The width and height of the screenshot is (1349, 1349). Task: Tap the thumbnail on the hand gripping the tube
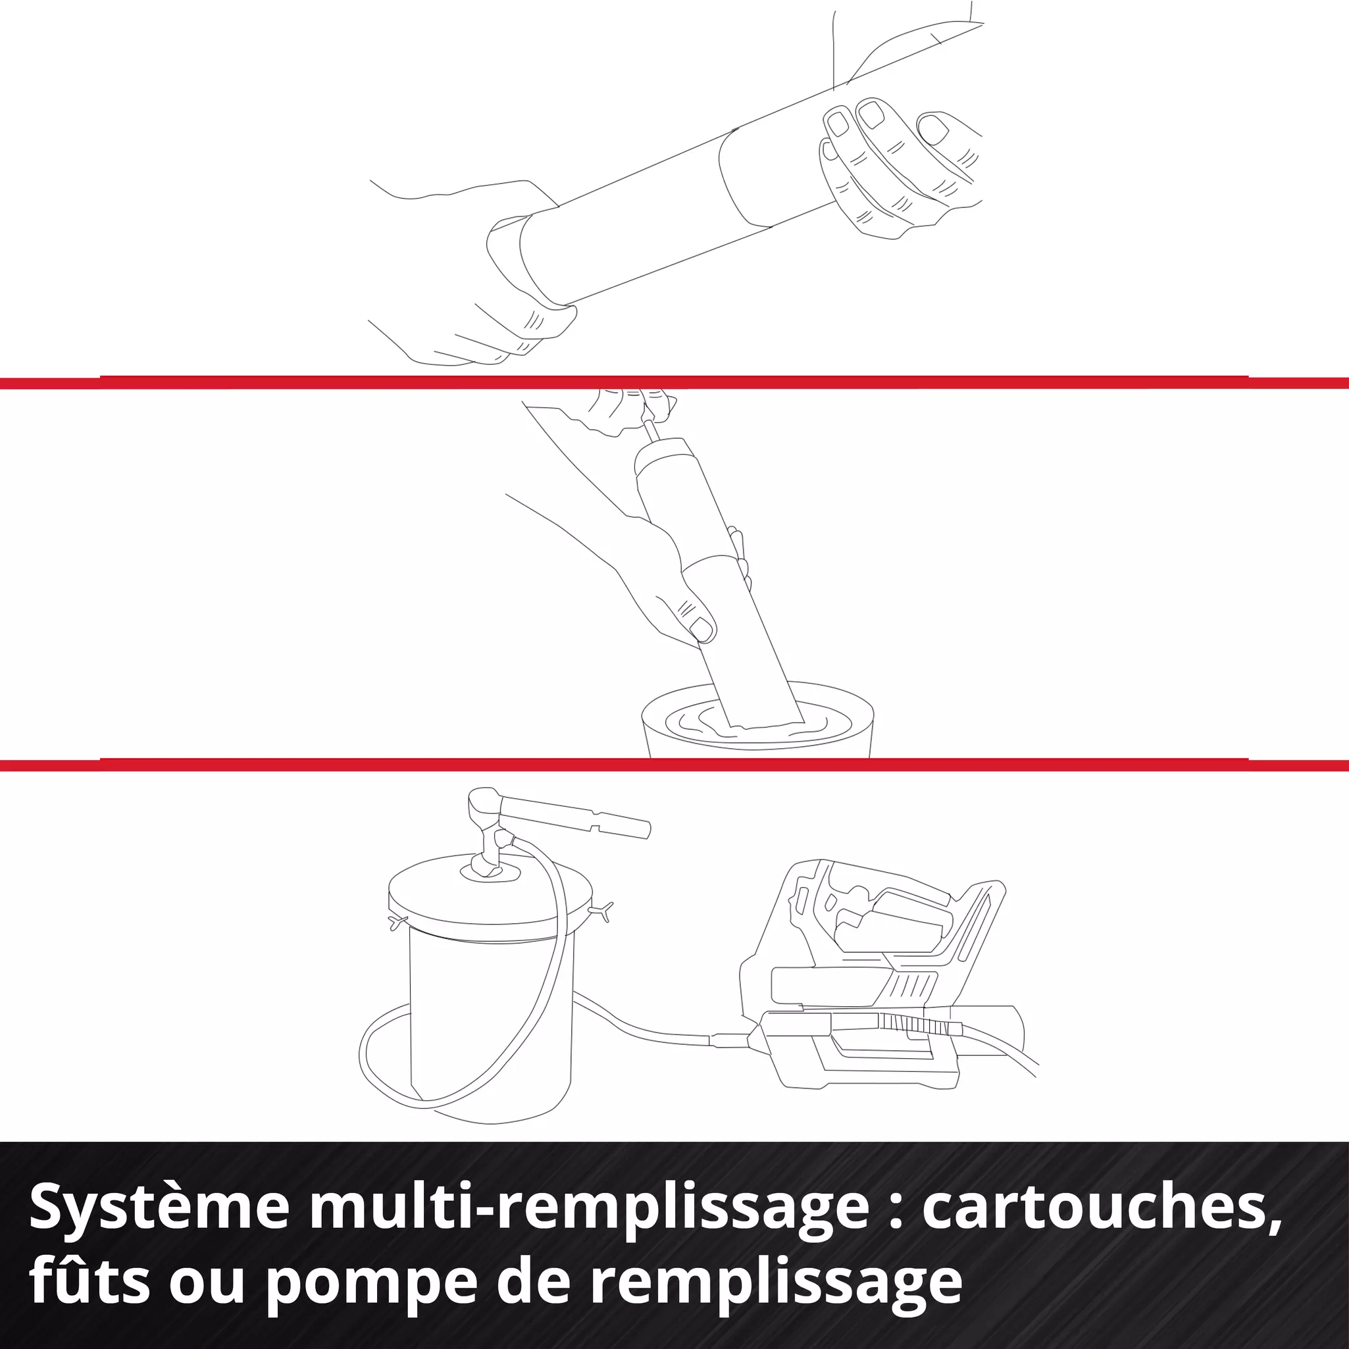tap(701, 629)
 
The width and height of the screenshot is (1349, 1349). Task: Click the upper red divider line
tap(674, 382)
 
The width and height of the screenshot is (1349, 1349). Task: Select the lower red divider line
tap(674, 765)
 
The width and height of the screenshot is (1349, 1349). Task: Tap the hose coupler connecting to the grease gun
tap(730, 1040)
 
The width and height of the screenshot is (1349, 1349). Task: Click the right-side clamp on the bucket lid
tap(602, 910)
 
